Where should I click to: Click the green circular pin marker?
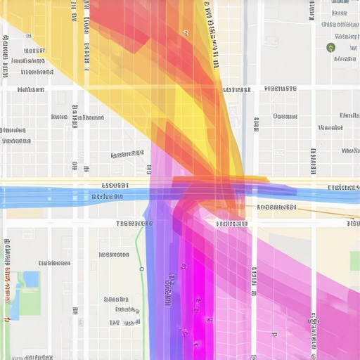click(x=330, y=47)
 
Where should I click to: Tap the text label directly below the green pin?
click(x=345, y=59)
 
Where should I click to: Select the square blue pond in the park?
click(x=31, y=279)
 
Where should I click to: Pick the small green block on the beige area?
click(x=354, y=261)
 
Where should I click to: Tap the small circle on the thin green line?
click(x=141, y=269)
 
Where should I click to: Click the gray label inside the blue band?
click(x=107, y=197)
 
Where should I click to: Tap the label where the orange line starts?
click(x=276, y=207)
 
